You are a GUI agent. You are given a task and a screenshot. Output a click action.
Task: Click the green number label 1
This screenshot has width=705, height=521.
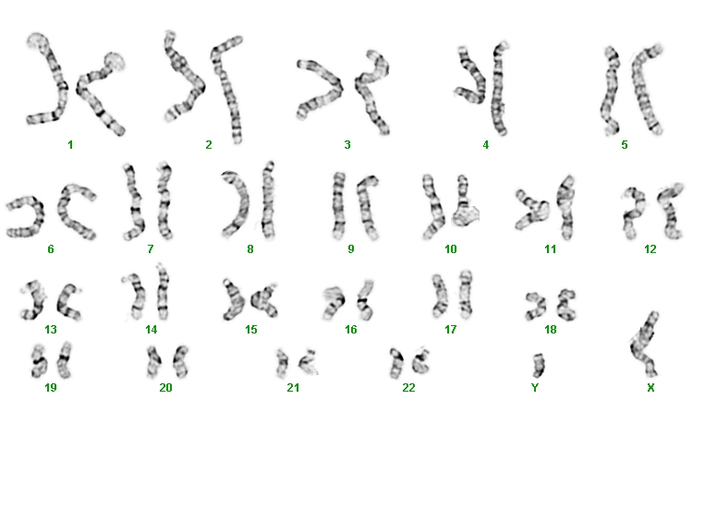click(x=70, y=145)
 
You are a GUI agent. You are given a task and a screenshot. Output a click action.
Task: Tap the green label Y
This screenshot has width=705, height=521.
click(x=535, y=387)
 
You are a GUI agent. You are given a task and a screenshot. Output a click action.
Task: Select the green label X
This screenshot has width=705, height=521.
click(x=650, y=387)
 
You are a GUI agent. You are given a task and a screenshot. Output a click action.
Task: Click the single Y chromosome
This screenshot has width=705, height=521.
click(x=538, y=366)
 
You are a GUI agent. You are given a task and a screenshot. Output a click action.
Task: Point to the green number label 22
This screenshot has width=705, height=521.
click(x=408, y=387)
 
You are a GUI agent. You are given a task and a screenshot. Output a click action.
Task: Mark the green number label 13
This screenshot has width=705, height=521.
click(x=51, y=330)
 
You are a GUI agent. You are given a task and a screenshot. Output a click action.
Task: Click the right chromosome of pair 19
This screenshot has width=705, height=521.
click(x=65, y=359)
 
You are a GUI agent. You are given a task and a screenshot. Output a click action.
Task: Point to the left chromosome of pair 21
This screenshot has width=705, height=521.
click(x=283, y=363)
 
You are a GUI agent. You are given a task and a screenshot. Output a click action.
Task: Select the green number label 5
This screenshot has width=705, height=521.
click(x=624, y=145)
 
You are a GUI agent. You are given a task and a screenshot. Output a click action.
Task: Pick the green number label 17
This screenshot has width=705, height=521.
click(x=451, y=330)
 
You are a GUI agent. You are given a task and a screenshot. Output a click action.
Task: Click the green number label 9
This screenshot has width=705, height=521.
click(x=351, y=249)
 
